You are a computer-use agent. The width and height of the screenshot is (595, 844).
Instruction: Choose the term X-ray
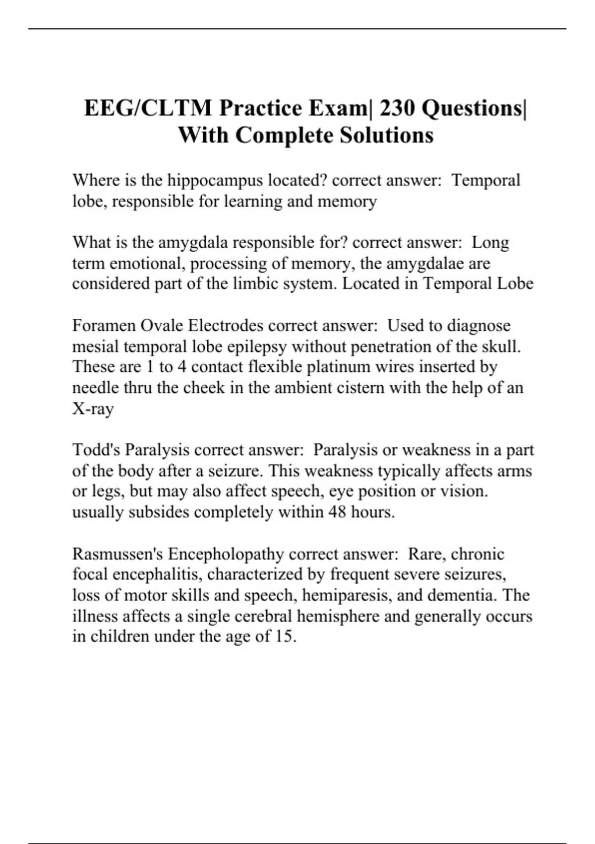click(93, 409)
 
